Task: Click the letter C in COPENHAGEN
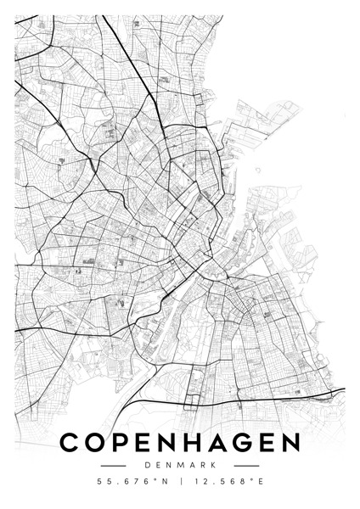(x=70, y=443)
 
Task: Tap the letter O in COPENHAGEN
(x=98, y=443)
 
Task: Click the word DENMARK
(x=180, y=465)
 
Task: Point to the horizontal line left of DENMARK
(x=114, y=465)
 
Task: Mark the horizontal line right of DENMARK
(x=246, y=465)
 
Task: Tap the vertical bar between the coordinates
(x=180, y=484)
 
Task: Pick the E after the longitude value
(x=258, y=484)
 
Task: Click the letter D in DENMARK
(x=148, y=465)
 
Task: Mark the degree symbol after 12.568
(x=247, y=481)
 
